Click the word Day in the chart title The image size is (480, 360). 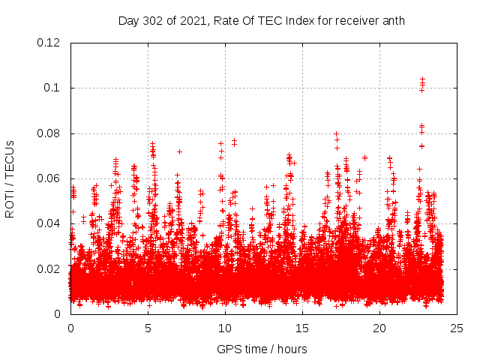point(129,20)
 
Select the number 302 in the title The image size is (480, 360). point(154,20)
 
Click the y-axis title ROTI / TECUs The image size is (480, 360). point(10,178)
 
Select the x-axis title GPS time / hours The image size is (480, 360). point(262,349)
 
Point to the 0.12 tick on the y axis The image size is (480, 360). point(48,43)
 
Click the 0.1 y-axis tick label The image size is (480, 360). point(52,88)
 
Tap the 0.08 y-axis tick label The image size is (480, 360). point(48,133)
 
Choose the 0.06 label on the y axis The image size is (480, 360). point(48,178)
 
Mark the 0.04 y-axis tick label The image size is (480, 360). point(48,223)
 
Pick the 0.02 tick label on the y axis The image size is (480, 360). point(48,269)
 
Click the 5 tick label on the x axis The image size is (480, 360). point(148,328)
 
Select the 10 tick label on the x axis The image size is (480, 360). point(225,328)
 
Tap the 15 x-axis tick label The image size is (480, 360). point(302,328)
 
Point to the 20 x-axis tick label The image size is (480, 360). point(379,328)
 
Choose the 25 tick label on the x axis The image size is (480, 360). point(457,328)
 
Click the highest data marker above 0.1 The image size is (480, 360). point(422,78)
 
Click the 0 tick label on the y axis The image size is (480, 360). point(58,314)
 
